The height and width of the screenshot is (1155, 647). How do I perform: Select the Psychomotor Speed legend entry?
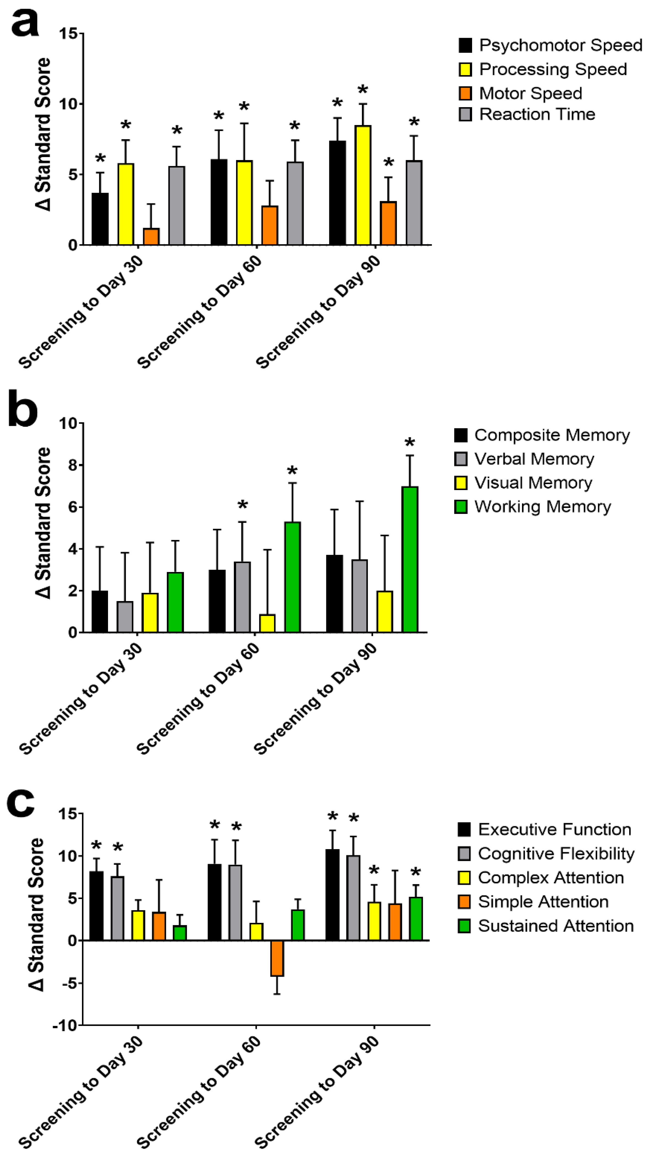[550, 45]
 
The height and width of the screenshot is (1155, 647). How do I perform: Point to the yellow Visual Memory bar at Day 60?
[267, 623]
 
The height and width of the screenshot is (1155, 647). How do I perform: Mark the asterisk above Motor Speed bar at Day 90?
[388, 162]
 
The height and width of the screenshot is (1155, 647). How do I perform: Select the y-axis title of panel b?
[44, 522]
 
